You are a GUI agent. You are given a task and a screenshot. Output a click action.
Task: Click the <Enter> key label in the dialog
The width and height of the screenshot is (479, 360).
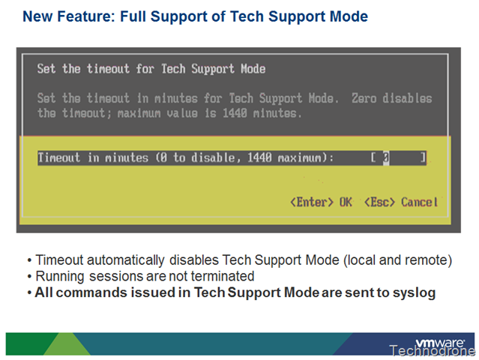click(x=312, y=202)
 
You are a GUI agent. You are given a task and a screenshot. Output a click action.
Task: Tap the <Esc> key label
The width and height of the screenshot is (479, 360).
click(x=380, y=202)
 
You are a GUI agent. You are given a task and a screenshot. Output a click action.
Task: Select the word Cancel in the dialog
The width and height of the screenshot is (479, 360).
click(x=420, y=202)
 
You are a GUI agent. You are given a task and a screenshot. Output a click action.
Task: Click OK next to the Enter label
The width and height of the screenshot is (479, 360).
click(x=346, y=202)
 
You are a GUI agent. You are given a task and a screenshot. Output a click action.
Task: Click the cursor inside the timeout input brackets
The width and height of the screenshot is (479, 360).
click(x=386, y=158)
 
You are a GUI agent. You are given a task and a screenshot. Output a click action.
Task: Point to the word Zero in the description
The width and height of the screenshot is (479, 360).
click(x=364, y=98)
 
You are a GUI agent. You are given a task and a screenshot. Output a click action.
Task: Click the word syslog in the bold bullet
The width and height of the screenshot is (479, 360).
click(x=414, y=293)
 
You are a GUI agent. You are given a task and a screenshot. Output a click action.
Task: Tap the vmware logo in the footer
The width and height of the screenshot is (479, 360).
click(x=440, y=342)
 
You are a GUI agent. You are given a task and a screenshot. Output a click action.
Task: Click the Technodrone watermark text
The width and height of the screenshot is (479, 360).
click(x=432, y=350)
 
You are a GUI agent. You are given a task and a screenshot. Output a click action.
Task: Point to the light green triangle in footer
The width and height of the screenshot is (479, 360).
click(x=67, y=344)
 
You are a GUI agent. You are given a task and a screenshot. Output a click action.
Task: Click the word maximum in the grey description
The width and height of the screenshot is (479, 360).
click(x=139, y=113)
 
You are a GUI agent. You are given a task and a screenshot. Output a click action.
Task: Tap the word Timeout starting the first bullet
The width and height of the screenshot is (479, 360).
click(x=59, y=260)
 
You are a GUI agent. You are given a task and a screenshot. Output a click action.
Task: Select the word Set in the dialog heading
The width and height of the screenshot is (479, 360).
click(x=46, y=69)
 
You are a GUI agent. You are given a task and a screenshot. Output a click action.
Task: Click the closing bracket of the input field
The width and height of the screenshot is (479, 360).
click(x=423, y=158)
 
